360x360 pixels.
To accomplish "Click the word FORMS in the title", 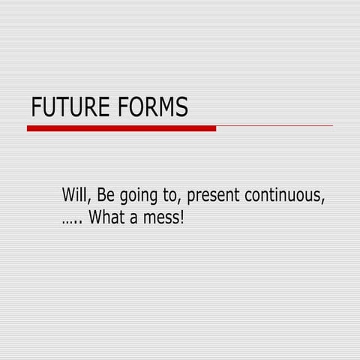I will pyautogui.click(x=153, y=107).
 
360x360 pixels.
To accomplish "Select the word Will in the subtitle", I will pyautogui.click(x=76, y=196).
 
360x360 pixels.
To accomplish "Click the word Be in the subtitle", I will pyautogui.click(x=106, y=196).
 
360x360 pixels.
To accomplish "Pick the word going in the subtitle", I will pyautogui.click(x=137, y=197).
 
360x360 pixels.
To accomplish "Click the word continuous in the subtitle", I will pyautogui.click(x=286, y=196).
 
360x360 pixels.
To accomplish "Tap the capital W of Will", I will pyautogui.click(x=69, y=196).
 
